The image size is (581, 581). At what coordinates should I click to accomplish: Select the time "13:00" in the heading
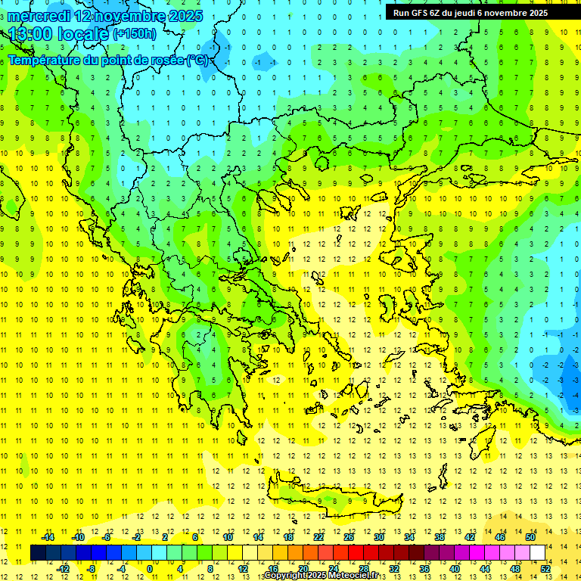pos(32,33)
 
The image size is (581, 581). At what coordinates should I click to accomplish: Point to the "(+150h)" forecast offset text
pos(135,33)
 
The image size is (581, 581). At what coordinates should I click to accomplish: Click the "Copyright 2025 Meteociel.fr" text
pos(322,576)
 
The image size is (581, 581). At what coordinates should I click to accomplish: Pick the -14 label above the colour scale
pos(47,537)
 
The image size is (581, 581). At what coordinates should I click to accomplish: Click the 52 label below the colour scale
pos(545,569)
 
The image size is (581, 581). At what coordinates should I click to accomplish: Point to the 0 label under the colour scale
pos(150,569)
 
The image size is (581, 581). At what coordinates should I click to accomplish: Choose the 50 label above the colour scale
pos(530,537)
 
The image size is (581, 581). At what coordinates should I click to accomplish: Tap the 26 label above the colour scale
pos(349,537)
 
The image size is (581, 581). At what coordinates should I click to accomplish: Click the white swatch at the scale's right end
pos(538,553)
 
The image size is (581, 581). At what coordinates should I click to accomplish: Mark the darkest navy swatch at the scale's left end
pos(39,553)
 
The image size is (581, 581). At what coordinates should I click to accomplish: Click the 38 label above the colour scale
pos(440,537)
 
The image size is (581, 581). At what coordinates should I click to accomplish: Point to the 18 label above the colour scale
pos(288,537)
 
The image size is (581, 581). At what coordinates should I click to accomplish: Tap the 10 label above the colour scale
pos(228,537)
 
